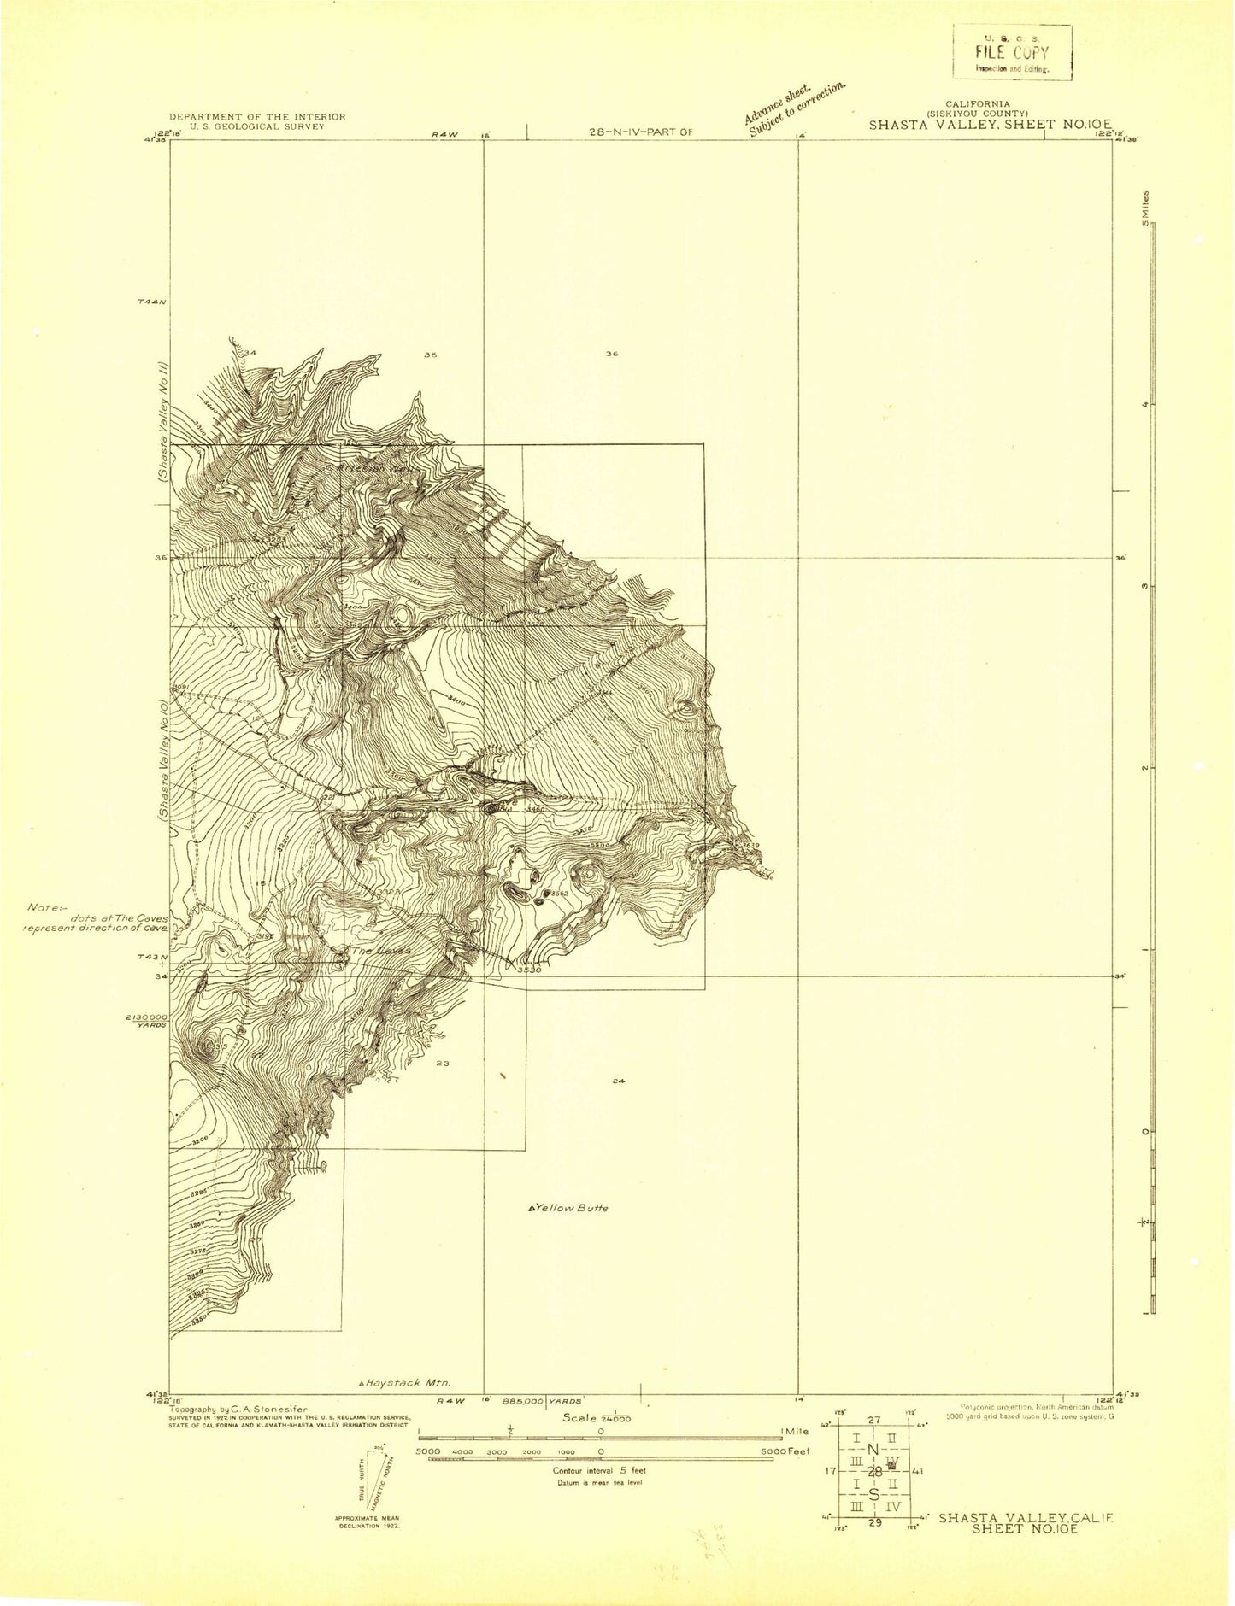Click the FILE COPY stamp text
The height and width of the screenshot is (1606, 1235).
tap(1013, 53)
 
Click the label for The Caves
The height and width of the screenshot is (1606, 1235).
tap(381, 951)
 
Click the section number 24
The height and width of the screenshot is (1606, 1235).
tap(619, 1081)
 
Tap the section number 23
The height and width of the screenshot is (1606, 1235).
tap(442, 1064)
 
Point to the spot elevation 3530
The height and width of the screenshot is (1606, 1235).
tap(529, 970)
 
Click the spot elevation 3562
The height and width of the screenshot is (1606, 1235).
tap(560, 894)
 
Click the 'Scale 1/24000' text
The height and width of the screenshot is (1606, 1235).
tap(597, 1417)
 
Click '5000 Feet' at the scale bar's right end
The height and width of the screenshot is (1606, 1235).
tap(791, 1451)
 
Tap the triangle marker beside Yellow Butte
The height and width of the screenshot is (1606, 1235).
tap(532, 1209)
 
